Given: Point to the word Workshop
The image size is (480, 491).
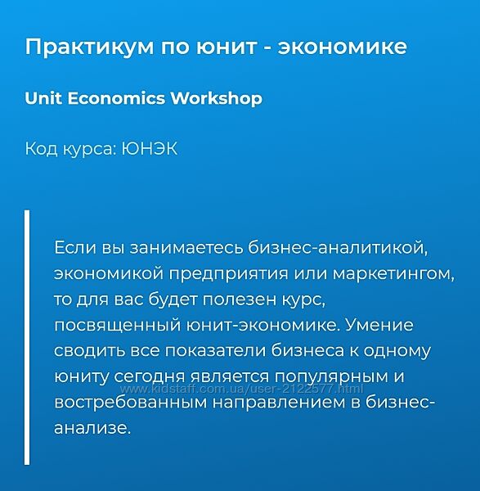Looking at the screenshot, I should pos(217,98).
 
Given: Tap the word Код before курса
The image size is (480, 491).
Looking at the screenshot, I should pos(42,149).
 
